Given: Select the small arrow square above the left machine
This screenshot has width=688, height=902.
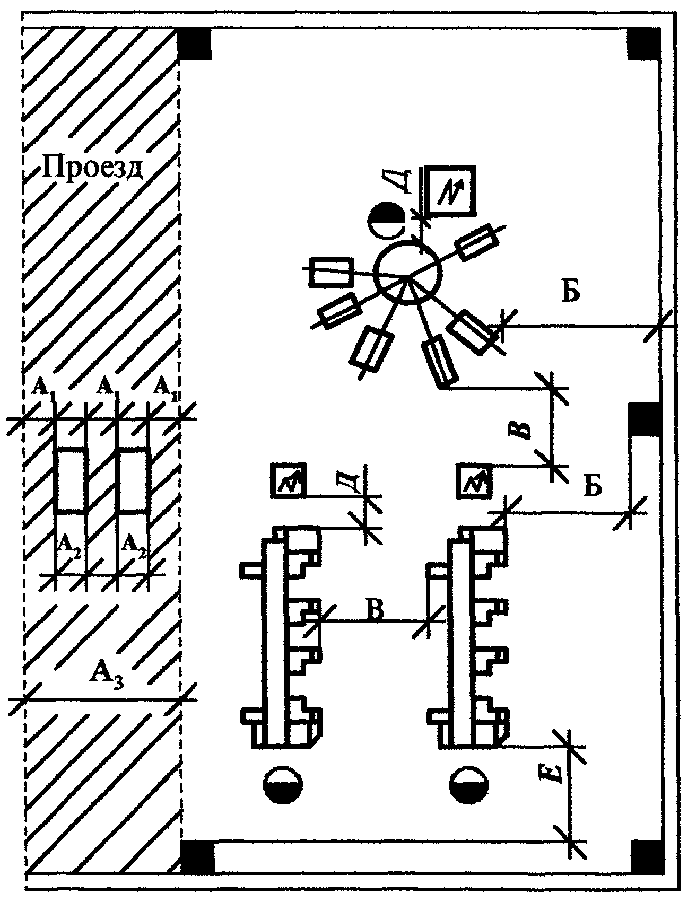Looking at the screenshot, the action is point(289,481).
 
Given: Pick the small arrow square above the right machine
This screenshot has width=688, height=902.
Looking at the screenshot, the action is point(475,481).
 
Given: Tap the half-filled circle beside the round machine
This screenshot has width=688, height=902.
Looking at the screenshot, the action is point(386,222).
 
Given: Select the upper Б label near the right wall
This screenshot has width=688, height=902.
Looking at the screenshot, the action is point(571,292).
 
